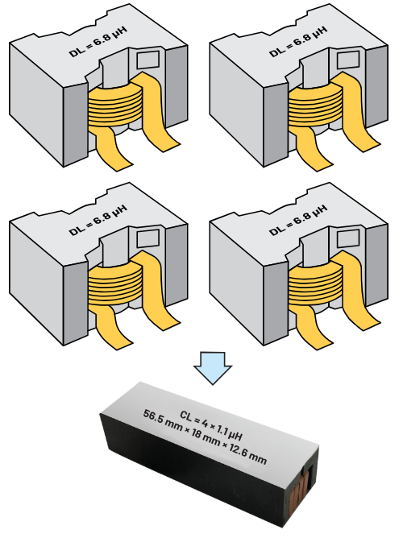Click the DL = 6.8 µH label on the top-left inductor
[98, 40]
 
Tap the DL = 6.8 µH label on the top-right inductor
[298, 40]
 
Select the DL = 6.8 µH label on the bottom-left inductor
[98, 220]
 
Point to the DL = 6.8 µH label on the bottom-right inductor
[298, 220]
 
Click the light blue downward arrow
[213, 368]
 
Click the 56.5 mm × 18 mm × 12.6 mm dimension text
[205, 437]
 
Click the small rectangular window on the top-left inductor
[148, 60]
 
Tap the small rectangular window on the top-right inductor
[348, 60]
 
